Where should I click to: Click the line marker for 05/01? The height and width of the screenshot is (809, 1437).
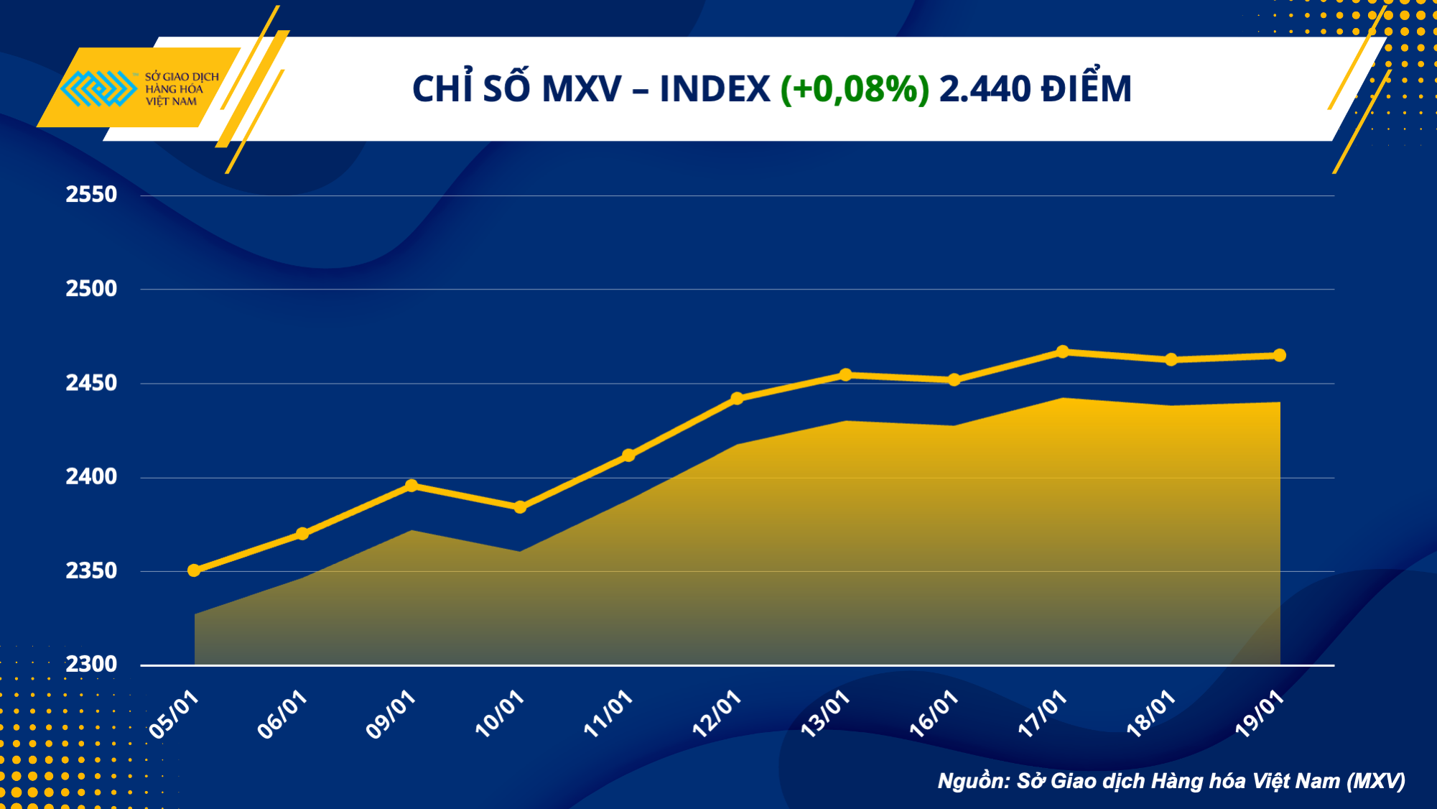[194, 570]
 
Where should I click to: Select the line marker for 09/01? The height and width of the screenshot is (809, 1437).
[411, 486]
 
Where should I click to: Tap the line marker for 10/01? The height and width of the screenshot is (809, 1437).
[520, 507]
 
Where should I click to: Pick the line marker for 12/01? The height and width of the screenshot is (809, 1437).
[737, 399]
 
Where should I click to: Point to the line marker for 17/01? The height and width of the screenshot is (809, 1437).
[1063, 352]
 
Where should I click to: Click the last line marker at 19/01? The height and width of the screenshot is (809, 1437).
[1280, 356]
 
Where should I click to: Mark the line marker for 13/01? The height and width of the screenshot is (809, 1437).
[845, 375]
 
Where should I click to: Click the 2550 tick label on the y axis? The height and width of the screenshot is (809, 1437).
[91, 195]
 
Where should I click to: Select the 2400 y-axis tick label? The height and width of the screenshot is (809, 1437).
[91, 476]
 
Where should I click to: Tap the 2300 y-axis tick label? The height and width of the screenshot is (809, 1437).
[91, 664]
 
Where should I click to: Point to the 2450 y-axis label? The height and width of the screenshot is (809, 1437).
[91, 383]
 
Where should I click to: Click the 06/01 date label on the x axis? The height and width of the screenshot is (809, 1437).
[283, 714]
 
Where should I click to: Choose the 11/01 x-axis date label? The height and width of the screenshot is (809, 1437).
[608, 714]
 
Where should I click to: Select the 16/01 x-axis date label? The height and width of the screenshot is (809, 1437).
[934, 714]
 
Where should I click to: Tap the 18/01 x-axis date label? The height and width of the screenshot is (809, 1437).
[1150, 714]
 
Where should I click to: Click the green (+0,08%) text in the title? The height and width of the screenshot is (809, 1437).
[855, 89]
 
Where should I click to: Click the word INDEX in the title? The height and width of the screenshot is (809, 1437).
[715, 89]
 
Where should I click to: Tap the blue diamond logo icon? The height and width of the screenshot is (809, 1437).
[98, 88]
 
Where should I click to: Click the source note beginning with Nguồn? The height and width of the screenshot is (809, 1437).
[1171, 781]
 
